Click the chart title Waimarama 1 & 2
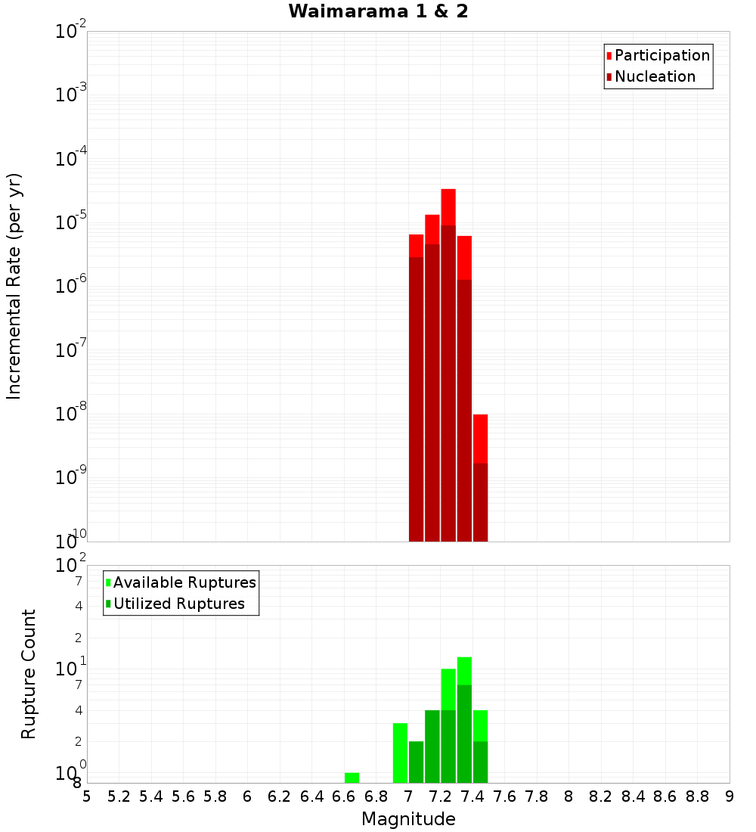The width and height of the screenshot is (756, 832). pos(378,12)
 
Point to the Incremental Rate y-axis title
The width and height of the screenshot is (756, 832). pos(14,287)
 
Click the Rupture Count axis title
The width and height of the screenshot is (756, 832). pos(29,674)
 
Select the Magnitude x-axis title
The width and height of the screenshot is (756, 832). pos(408,819)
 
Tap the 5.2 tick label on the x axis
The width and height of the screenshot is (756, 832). pos(119,796)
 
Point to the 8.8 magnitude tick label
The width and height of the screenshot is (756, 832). pos(698,796)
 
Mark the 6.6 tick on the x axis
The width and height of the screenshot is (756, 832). pos(344,796)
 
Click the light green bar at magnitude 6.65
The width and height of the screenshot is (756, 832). pos(352,778)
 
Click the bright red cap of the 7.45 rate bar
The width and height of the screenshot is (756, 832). pos(480,439)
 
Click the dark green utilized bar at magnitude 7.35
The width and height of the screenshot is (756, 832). pos(464,734)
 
